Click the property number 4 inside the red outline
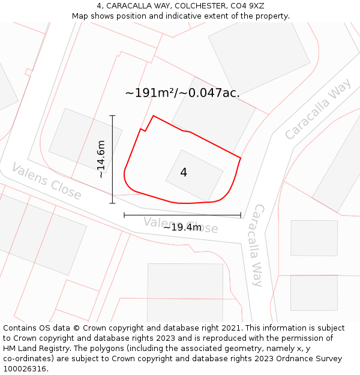point(184,173)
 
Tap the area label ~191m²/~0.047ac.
point(182,93)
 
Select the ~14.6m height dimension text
point(101,159)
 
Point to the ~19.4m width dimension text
point(182,227)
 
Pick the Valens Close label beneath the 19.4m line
point(181,225)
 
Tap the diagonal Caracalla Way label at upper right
point(318,109)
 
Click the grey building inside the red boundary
point(194,175)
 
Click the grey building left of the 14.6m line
point(76,140)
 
